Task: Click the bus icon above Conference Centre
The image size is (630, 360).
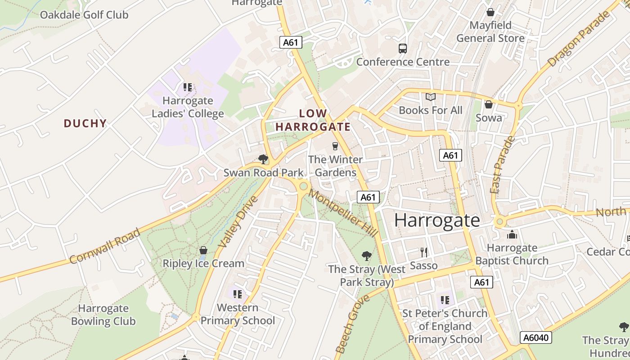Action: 402,48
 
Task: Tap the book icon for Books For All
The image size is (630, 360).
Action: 431,97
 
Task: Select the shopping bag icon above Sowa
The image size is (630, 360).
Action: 489,104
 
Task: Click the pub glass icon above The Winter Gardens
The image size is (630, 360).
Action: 335,146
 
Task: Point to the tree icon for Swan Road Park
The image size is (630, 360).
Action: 263,159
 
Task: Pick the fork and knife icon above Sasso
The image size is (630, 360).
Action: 423,252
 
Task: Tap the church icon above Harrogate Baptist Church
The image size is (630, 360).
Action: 512,234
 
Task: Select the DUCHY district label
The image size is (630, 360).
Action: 85,123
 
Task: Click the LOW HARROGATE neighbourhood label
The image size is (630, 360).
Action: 313,120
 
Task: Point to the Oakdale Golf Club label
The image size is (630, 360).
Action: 84,15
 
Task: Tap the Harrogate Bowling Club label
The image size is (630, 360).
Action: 103,315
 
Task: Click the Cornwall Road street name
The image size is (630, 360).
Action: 105,246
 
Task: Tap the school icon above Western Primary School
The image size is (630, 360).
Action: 238,294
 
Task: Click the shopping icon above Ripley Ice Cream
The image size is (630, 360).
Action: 203,250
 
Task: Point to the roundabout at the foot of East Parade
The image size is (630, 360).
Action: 499,222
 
